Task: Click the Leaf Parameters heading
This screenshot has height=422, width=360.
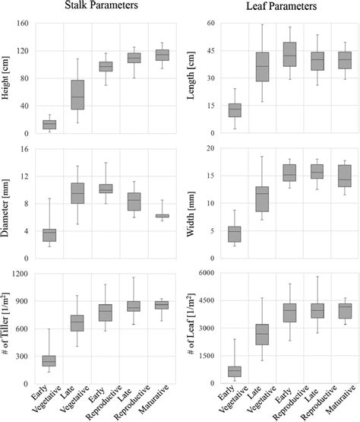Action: point(274,8)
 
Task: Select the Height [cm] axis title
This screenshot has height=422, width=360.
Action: point(8,78)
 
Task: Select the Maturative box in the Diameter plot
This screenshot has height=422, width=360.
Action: point(162,216)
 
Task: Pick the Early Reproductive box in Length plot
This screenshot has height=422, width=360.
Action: point(267,54)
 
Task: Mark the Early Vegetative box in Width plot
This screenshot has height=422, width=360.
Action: point(214,234)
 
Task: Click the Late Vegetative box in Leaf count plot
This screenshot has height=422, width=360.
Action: point(241,335)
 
